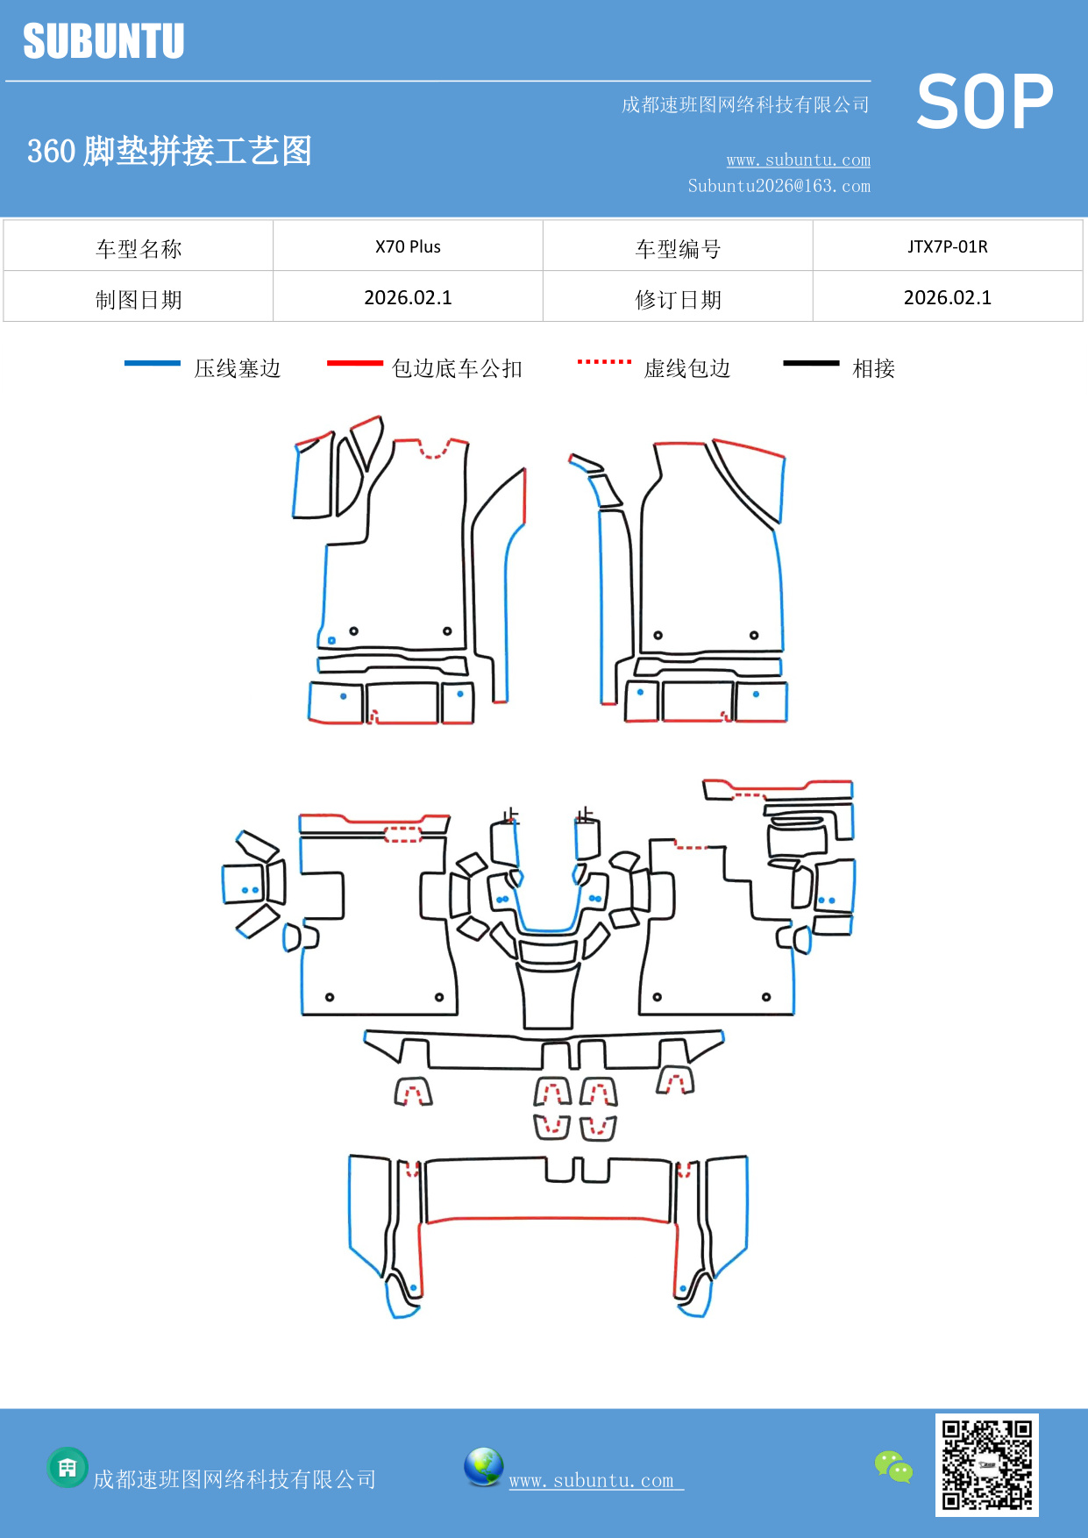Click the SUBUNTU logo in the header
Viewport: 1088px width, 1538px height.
click(103, 41)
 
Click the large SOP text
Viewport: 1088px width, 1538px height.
click(985, 102)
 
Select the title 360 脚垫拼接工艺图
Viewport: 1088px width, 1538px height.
click(169, 151)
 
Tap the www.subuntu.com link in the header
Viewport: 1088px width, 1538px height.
click(798, 160)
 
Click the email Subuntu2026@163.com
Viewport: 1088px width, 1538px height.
click(779, 186)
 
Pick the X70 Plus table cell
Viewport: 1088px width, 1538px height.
click(408, 246)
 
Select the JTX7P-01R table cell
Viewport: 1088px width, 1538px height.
click(947, 246)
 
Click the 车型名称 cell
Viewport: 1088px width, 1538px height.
click(139, 248)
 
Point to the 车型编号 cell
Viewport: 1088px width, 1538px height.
click(678, 248)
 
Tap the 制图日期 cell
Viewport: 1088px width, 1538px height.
click(139, 299)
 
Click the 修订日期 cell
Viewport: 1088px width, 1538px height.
click(678, 299)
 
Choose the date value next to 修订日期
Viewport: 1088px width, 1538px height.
click(947, 297)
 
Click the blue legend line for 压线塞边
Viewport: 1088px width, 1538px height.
click(153, 363)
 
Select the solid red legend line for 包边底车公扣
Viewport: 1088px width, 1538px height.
click(354, 363)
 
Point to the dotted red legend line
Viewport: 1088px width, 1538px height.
click(604, 361)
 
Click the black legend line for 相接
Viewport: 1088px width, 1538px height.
click(811, 363)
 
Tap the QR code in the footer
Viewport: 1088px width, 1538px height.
click(986, 1464)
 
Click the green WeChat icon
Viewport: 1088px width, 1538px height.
click(893, 1466)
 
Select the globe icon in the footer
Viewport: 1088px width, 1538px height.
click(483, 1466)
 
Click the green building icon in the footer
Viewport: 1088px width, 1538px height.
click(68, 1467)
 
